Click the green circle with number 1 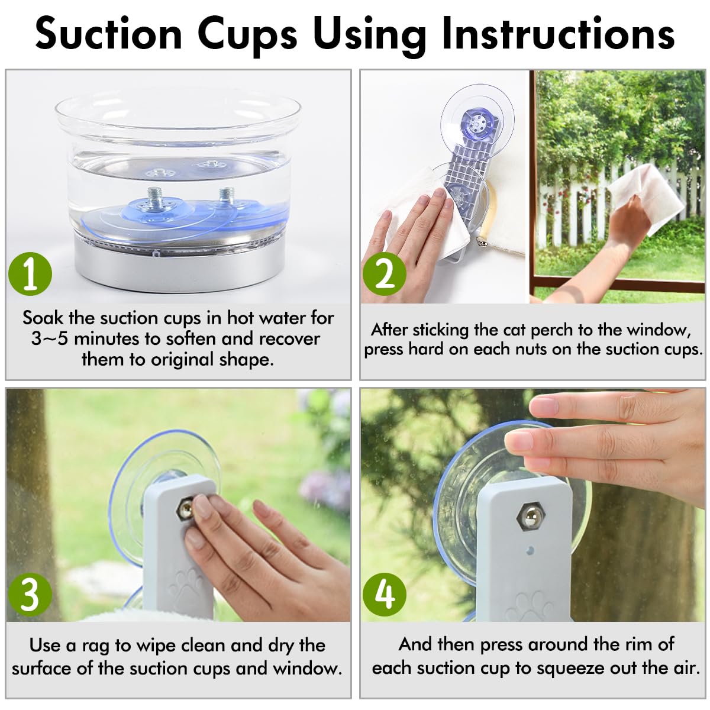point(30,274)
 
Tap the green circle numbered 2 point(385,273)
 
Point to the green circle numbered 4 point(385,593)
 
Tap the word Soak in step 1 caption point(43,318)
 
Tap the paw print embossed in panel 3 point(185,586)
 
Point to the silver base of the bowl point(177,266)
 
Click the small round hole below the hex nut point(530,550)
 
